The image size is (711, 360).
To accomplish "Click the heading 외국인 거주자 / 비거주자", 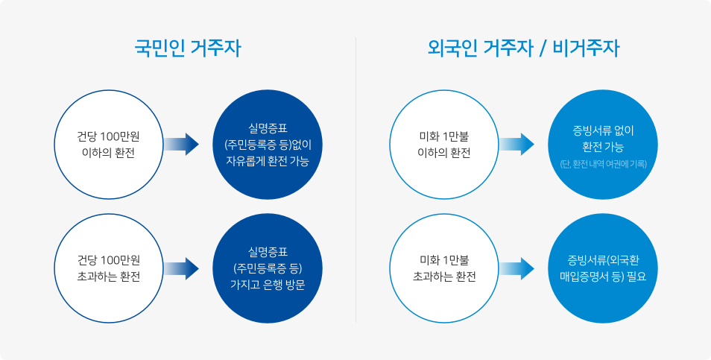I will pos(523,49).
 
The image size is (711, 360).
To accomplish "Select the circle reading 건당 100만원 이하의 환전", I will pos(108,145).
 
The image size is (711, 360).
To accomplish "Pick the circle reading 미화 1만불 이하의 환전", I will pos(444,145).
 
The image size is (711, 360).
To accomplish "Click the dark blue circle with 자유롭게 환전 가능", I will pos(267,145).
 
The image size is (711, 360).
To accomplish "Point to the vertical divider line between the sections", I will pos(355,179).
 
